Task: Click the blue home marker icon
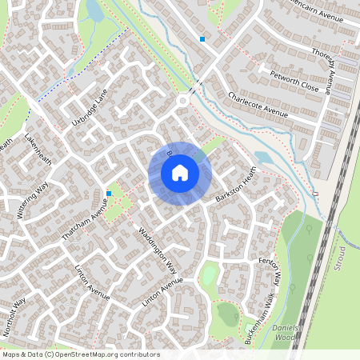(180, 172)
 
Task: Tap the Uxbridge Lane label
(89, 109)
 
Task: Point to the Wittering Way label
(34, 200)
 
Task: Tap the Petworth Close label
(295, 83)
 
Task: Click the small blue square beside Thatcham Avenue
(109, 193)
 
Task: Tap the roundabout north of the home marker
(183, 101)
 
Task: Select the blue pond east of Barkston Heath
(264, 158)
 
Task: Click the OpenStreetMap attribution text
(81, 354)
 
